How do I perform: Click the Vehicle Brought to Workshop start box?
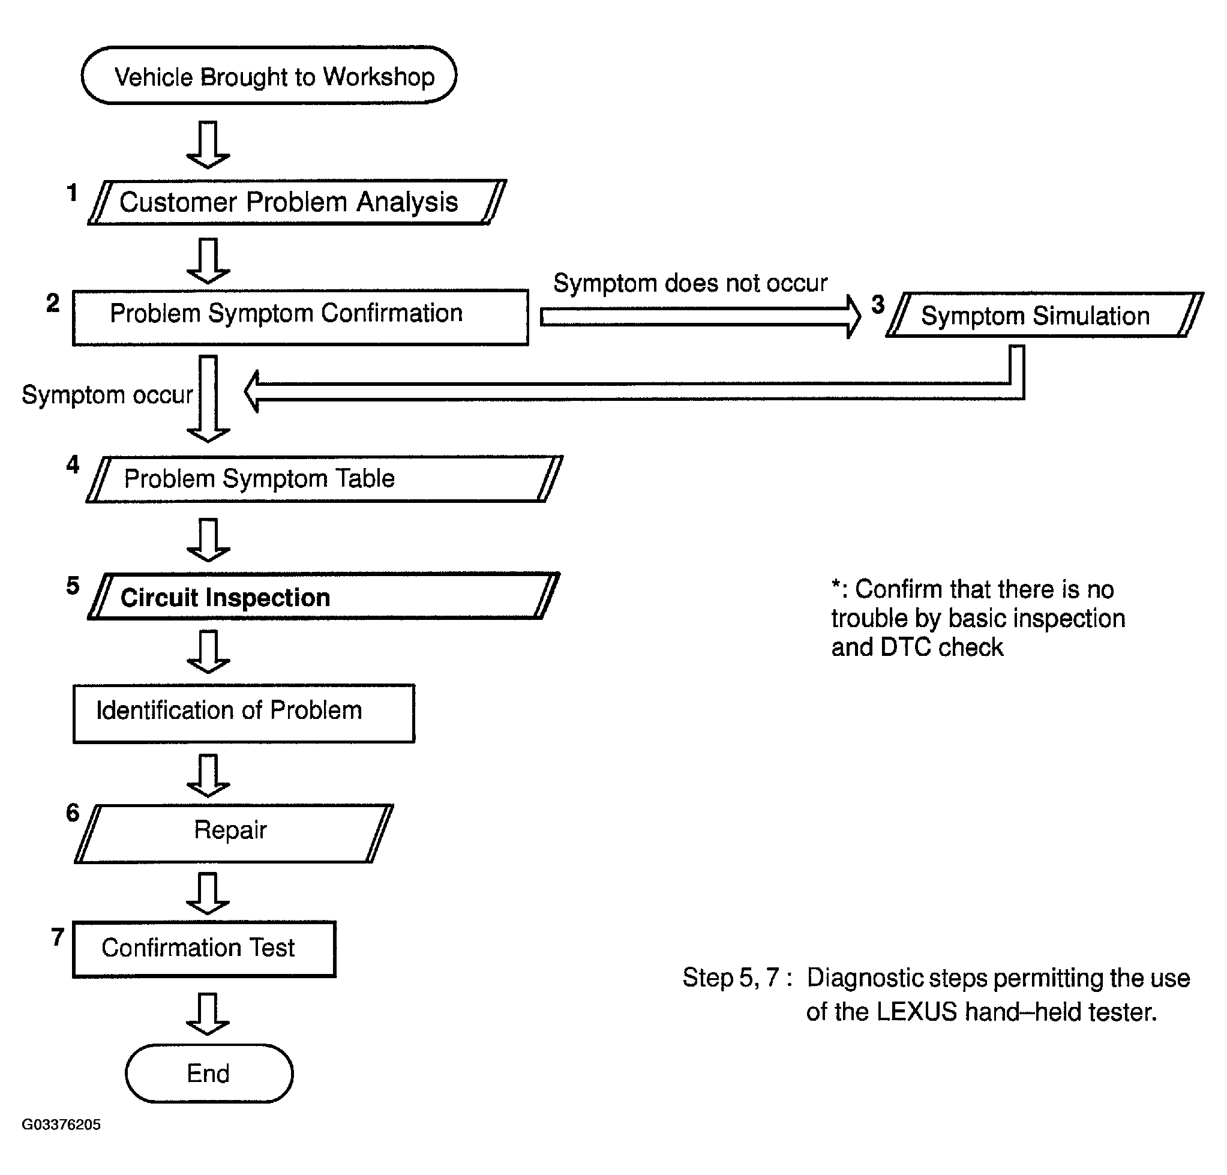[x=269, y=76]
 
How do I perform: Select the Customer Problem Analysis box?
[x=297, y=202]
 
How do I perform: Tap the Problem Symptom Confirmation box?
[x=301, y=317]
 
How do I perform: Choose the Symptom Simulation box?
[x=1044, y=315]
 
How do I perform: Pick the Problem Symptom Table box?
[x=324, y=479]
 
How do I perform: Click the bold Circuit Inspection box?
[x=323, y=596]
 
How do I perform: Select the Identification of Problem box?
[x=244, y=713]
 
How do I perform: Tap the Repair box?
[x=234, y=833]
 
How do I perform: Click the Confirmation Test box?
[x=205, y=948]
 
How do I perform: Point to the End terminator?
[x=209, y=1073]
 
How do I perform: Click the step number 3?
[x=878, y=305]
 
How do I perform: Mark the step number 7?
[x=58, y=937]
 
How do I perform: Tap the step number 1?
[x=73, y=193]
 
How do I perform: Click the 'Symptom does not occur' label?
[x=690, y=283]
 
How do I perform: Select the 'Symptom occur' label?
[x=107, y=395]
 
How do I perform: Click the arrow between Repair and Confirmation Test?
[x=208, y=894]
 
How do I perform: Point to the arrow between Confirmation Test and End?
[x=208, y=1014]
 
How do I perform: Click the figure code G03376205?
[x=61, y=1125]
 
